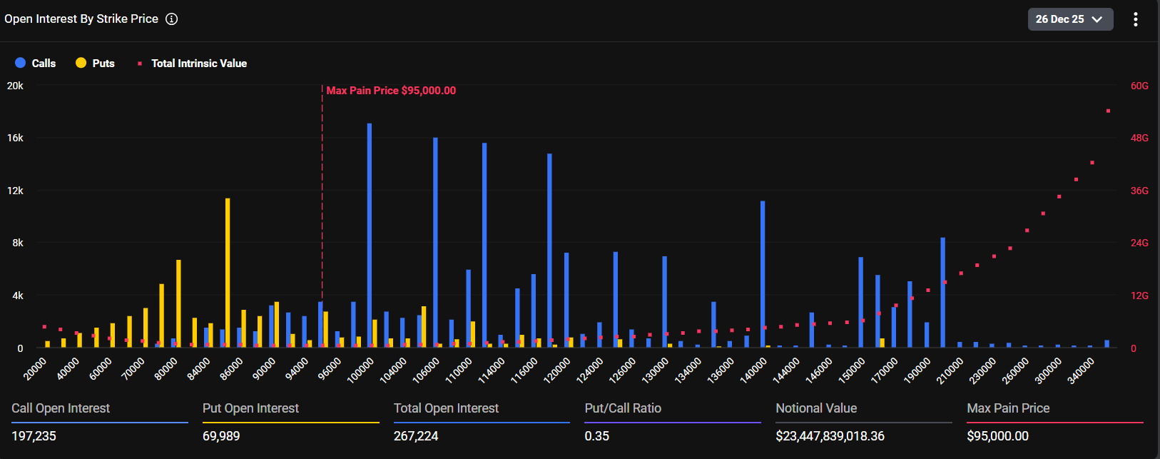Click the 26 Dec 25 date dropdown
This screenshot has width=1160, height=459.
[1069, 19]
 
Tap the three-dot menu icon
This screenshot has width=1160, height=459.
[1135, 19]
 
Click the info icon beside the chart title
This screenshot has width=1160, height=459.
[171, 19]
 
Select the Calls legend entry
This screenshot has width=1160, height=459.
[36, 64]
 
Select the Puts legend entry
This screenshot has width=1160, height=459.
[95, 64]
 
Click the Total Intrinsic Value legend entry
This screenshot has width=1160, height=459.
[193, 64]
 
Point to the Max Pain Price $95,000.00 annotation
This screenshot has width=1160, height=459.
[390, 91]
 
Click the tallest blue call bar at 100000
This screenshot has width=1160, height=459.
[370, 236]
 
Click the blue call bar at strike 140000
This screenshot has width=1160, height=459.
[763, 274]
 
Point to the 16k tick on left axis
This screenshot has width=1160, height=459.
[15, 138]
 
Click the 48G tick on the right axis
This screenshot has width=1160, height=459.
[1139, 138]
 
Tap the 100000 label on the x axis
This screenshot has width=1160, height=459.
[361, 370]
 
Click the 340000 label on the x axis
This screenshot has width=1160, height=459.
[1081, 370]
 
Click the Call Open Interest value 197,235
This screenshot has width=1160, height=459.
[34, 436]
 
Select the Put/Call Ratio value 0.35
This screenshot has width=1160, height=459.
[596, 436]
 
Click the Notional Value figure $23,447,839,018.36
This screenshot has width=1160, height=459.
[830, 436]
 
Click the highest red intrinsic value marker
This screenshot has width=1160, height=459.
[1108, 111]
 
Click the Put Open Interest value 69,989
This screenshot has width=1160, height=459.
[221, 436]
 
